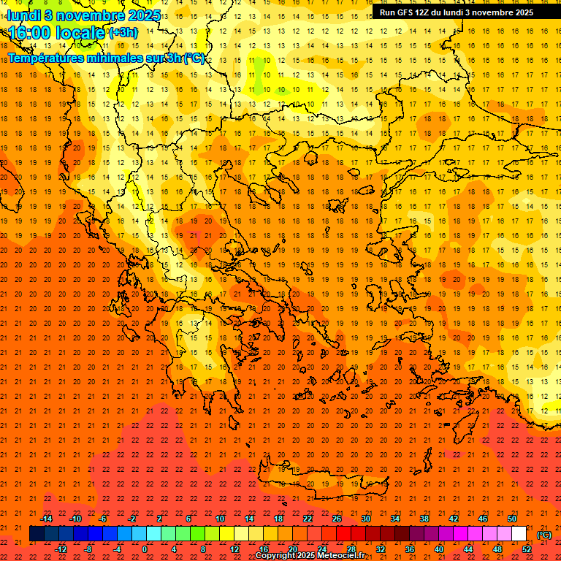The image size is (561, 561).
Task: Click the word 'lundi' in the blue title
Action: [23, 15]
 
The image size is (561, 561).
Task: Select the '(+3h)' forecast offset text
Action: [122, 33]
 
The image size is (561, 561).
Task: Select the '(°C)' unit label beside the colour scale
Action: [544, 535]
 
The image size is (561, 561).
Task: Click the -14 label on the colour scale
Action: [46, 519]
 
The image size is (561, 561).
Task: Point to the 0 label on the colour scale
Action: [145, 549]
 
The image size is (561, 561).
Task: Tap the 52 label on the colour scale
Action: [527, 549]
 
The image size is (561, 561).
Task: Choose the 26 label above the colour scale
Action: [337, 519]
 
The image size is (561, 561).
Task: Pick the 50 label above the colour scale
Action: [512, 519]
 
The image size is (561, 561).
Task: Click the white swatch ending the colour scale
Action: [519, 534]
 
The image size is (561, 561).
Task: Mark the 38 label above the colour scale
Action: [424, 519]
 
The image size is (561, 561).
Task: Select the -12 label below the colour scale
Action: [61, 549]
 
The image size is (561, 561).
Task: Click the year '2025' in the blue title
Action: [123, 15]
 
